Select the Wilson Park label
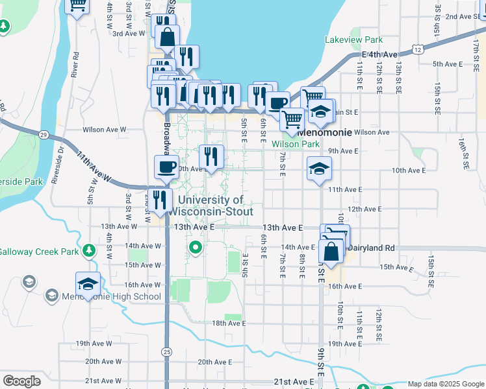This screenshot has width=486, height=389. pyautogui.click(x=296, y=144)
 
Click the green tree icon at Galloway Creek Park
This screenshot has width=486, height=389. pyautogui.click(x=88, y=251)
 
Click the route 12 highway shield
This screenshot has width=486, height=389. pyautogui.click(x=416, y=49)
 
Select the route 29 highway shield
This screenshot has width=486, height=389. pyautogui.click(x=43, y=134)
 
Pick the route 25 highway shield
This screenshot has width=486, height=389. pyautogui.click(x=168, y=351)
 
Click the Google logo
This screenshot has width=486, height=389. pyautogui.click(x=21, y=381)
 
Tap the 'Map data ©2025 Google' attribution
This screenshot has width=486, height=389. pyautogui.click(x=445, y=384)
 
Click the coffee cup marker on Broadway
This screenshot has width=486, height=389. pyautogui.click(x=166, y=167)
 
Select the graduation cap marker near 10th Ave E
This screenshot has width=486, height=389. pyautogui.click(x=318, y=169)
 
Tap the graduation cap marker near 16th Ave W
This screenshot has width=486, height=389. pyautogui.click(x=88, y=284)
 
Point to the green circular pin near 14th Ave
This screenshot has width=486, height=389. pyautogui.click(x=195, y=247)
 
